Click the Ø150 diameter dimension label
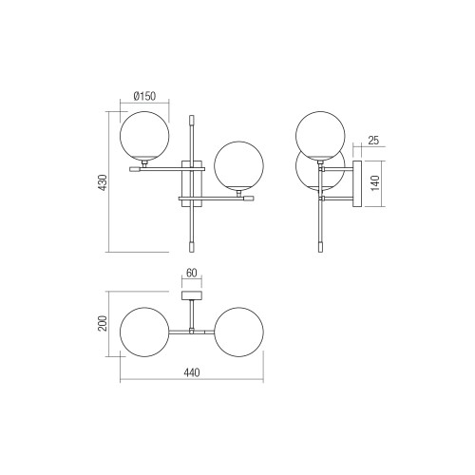point(144,96)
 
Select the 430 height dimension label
point(103,182)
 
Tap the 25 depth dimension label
point(373,141)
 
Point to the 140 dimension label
point(374,183)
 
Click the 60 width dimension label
point(192,273)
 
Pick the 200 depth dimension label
point(103,323)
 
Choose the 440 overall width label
point(192,372)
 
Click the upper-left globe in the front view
point(144,136)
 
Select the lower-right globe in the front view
point(238,166)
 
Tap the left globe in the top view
point(144,332)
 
